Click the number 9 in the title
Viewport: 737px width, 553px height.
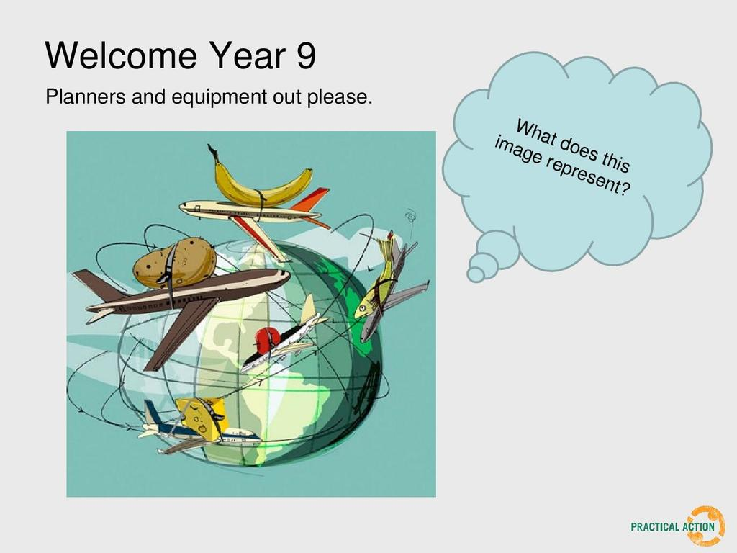[x=306, y=55]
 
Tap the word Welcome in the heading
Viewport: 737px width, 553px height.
[x=121, y=55]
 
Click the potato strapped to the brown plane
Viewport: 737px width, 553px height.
[x=174, y=262]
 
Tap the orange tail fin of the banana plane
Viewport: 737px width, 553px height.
[x=310, y=200]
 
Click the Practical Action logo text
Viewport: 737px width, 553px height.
[x=672, y=526]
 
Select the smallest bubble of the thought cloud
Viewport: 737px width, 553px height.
[x=475, y=274]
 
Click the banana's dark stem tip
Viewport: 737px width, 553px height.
[x=212, y=149]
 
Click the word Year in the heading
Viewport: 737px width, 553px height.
[x=248, y=55]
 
